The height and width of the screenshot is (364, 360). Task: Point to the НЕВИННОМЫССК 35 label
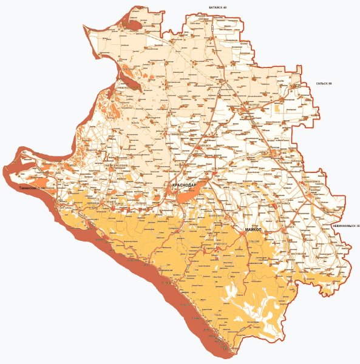pyautogui.click(x=345, y=226)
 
